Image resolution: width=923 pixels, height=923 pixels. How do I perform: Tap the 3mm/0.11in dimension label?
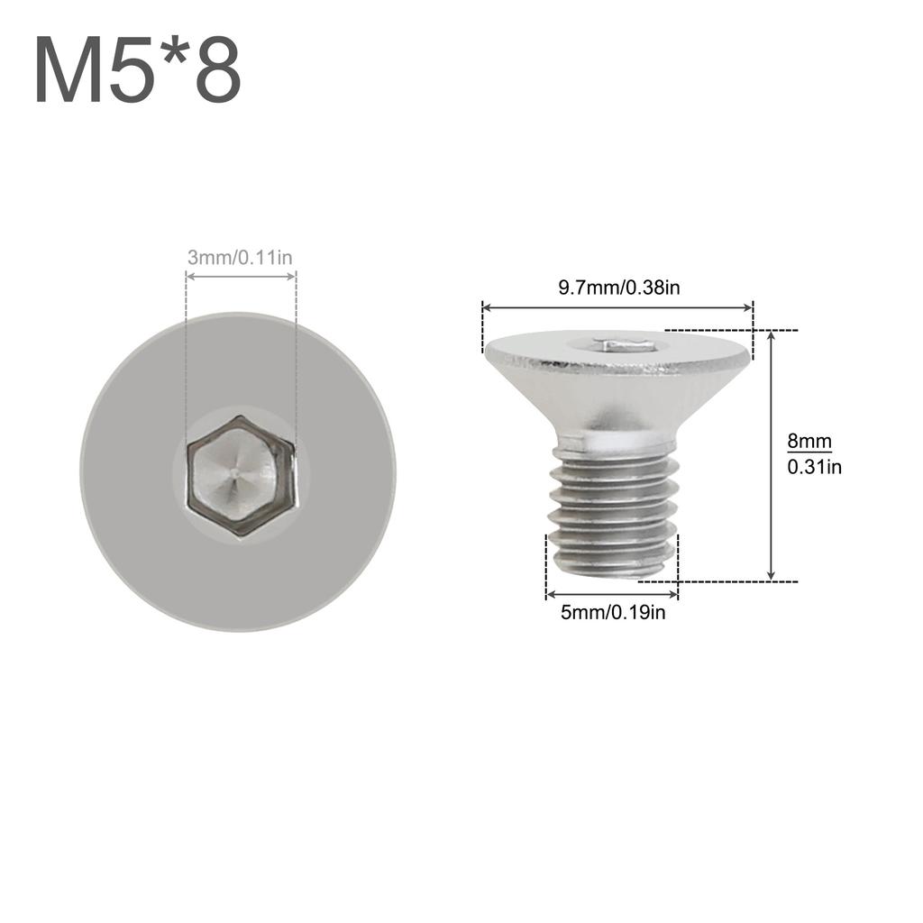tap(240, 258)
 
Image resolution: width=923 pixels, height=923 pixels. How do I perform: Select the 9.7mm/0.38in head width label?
tap(618, 288)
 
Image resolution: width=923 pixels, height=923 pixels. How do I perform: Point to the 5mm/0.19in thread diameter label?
tap(613, 613)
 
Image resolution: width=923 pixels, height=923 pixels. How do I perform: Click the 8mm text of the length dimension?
tap(809, 442)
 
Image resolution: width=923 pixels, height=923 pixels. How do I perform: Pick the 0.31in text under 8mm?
tap(814, 467)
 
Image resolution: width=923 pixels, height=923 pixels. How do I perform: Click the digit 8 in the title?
tap(218, 72)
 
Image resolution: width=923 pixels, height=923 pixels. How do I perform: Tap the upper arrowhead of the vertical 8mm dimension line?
tap(771, 335)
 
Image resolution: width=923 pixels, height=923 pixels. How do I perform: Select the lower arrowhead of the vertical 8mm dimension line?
tap(771, 575)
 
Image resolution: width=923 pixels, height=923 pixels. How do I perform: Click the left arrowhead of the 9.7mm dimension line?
tap(488, 308)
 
